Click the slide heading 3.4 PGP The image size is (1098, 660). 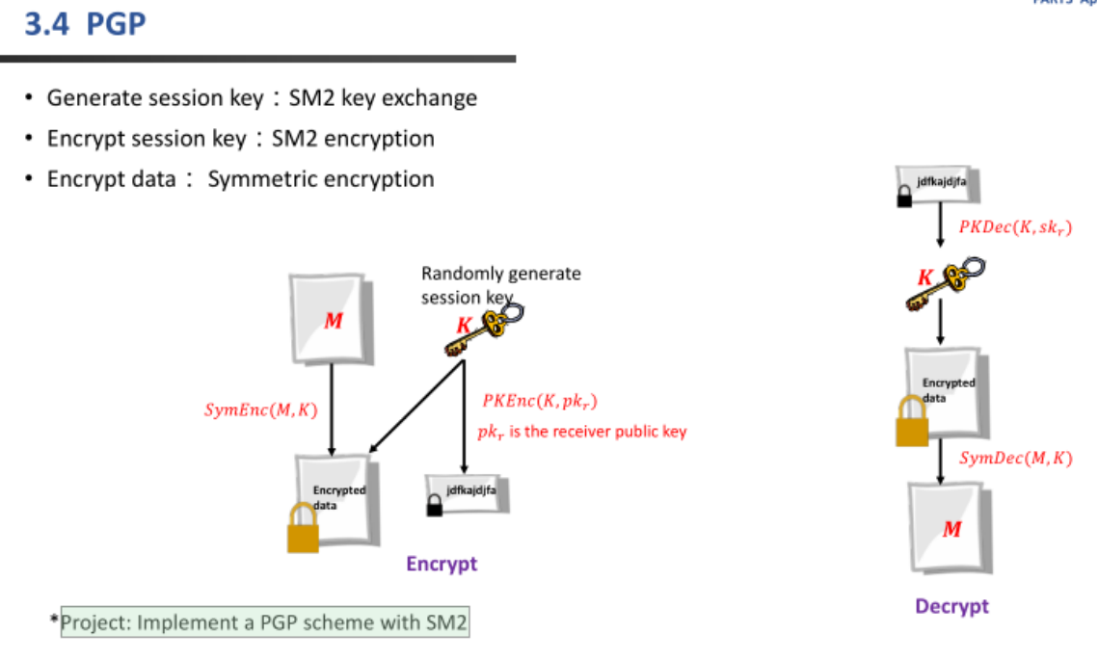(86, 23)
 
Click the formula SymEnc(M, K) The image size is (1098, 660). (260, 409)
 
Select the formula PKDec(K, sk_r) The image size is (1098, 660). (1014, 227)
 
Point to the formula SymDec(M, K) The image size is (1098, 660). (1015, 458)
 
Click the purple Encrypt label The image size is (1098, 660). (442, 564)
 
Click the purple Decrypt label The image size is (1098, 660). (951, 606)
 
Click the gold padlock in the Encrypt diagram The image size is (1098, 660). (303, 529)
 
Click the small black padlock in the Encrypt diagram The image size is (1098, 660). (435, 506)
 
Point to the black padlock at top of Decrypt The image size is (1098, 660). (904, 198)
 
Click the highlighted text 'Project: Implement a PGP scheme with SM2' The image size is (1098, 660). (264, 622)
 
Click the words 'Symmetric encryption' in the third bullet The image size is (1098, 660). (321, 179)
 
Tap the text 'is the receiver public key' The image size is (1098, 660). (598, 432)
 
